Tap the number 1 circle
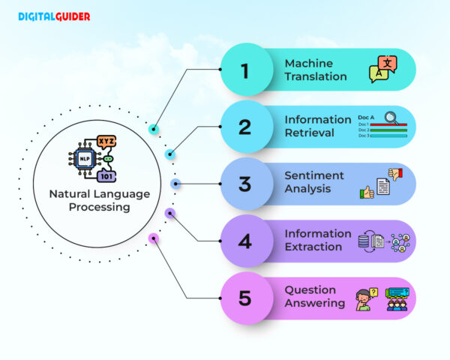pos(244,70)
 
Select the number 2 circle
pos(244,127)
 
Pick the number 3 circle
pos(244,184)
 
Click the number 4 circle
pos(244,241)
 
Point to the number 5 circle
pos(244,298)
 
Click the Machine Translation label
pos(315,70)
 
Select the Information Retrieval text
pos(317,127)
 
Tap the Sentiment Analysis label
pos(313,182)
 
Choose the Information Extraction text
pos(317,240)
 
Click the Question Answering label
pos(314,297)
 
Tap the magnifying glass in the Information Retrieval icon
pos(390,117)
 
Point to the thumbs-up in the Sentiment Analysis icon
pos(367,192)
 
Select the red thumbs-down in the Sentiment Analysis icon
pos(396,175)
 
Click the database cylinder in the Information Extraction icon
pos(366,241)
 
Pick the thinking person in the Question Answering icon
pos(364,298)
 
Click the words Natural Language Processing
pos(100,200)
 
